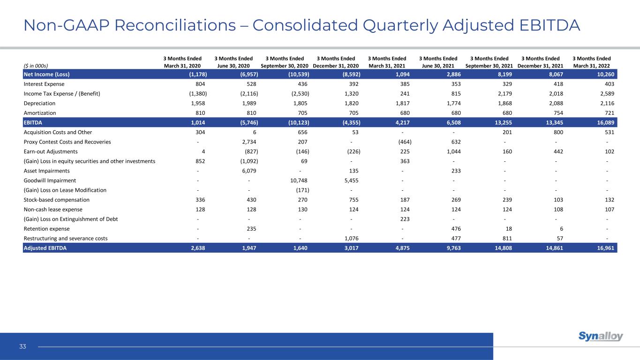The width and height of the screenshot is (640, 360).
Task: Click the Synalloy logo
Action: coord(601,337)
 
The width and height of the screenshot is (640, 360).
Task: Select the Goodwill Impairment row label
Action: coord(50,180)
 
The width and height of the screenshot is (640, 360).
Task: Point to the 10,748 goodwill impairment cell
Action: coord(298,180)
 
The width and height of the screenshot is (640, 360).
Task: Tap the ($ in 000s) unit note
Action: coord(36,66)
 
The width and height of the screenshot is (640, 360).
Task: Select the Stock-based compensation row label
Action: coord(56,200)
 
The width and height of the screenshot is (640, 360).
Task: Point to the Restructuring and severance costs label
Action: coord(65,238)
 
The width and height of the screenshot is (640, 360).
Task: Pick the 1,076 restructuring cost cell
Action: coord(350,238)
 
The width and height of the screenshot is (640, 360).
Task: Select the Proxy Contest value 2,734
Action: coord(248,142)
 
